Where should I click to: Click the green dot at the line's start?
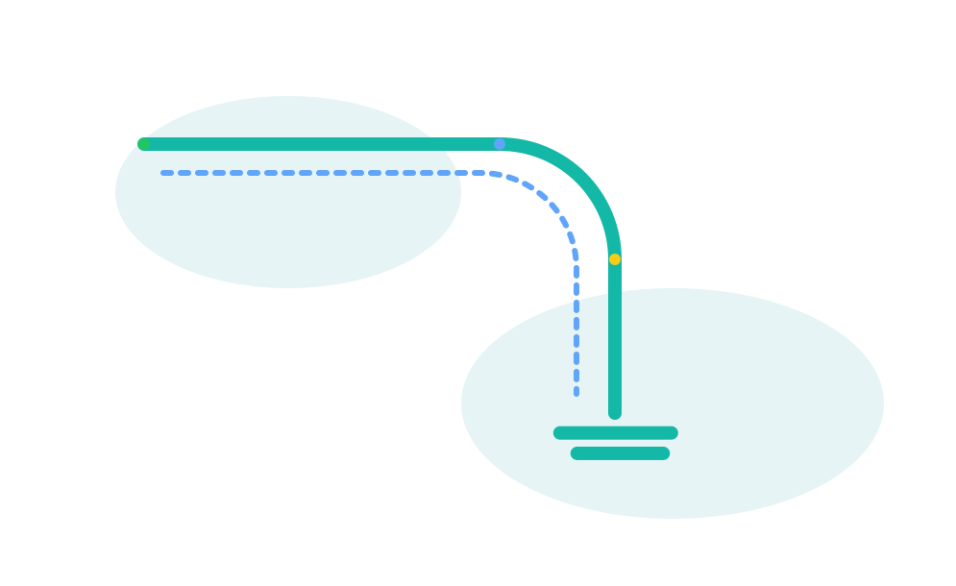[143, 144]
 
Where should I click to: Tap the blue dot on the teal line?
[500, 144]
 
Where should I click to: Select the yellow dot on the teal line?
[615, 259]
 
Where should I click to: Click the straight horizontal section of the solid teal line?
[317, 144]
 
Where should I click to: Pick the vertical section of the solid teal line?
[615, 336]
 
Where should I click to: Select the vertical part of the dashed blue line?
[576, 327]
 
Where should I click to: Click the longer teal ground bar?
[616, 433]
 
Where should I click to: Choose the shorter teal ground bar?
[620, 453]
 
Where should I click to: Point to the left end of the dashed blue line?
[163, 173]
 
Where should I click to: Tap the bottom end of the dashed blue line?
[576, 393]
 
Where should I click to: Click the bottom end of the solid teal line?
[615, 413]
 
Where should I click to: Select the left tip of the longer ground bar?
[558, 433]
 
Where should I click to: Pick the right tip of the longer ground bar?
[673, 433]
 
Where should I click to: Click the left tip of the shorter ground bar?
[576, 453]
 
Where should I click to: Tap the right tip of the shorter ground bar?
[664, 453]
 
